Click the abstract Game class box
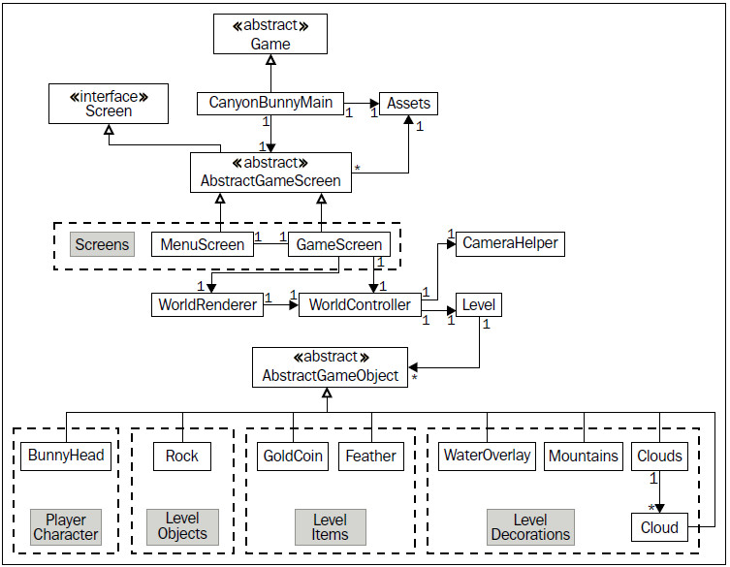tap(270, 34)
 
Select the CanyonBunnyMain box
tap(270, 103)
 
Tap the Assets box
tap(408, 104)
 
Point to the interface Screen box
tap(109, 104)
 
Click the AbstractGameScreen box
tap(270, 173)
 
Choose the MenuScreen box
tap(203, 244)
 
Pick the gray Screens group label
tap(103, 244)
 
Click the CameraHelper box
tap(510, 243)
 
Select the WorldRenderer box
tap(207, 305)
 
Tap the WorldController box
tap(360, 305)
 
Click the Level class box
tap(479, 305)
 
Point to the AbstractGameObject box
tap(330, 367)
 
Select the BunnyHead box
tap(66, 456)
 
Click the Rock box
tap(182, 457)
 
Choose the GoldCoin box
tap(293, 457)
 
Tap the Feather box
tap(371, 457)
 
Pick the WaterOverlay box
tap(487, 456)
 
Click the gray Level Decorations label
tap(530, 527)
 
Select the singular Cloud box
tap(659, 527)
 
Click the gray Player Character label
tap(66, 527)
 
